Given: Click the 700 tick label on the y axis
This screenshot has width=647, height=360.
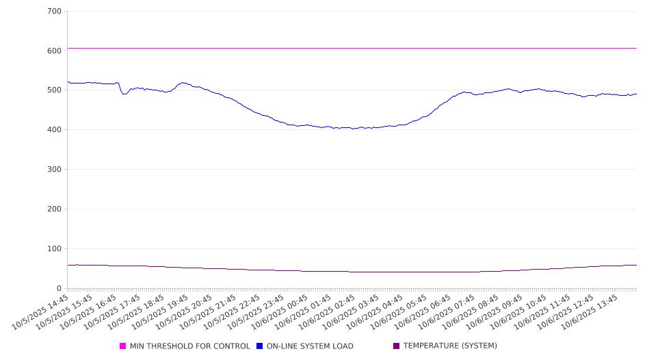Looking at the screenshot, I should click(x=55, y=12).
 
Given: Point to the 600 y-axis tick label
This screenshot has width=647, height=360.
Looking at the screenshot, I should click(x=55, y=51).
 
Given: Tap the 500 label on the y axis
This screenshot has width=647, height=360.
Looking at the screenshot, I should click(x=55, y=90).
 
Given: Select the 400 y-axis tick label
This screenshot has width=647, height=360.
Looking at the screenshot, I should click(x=55, y=130).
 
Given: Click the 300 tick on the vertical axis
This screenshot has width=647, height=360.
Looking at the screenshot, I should click(x=55, y=170).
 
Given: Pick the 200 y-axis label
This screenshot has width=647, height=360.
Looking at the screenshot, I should click(x=55, y=209).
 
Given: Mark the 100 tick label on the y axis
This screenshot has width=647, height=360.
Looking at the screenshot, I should click(x=55, y=249).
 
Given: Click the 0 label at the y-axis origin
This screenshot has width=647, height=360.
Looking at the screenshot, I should click(x=60, y=289).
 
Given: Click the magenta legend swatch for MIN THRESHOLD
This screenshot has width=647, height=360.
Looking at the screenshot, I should click(x=123, y=346).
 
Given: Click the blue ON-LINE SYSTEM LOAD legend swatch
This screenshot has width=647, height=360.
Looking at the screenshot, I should click(x=260, y=346).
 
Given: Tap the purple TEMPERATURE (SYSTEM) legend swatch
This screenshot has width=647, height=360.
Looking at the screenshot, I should click(x=397, y=346).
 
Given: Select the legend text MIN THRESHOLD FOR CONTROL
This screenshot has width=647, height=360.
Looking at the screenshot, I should click(x=190, y=346).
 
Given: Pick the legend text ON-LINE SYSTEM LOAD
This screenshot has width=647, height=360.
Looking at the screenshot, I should click(x=310, y=346).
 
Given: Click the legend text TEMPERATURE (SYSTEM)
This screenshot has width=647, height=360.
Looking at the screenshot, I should click(x=450, y=346).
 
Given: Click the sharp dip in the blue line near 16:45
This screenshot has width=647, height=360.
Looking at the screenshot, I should click(x=124, y=94).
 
